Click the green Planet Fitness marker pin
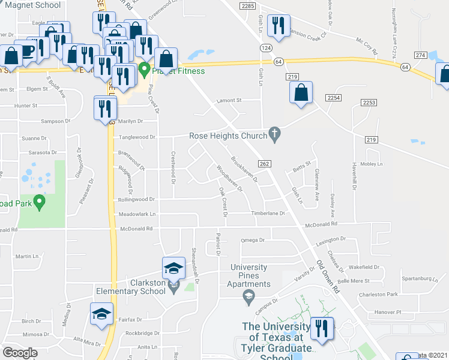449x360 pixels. [144, 69]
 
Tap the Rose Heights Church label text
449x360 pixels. [228, 136]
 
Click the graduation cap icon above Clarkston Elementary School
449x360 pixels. [173, 268]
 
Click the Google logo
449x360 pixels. [20, 353]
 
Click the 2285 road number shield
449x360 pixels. [247, 5]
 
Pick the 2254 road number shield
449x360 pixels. [334, 97]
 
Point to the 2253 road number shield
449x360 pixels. [369, 103]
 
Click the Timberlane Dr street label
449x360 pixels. [268, 213]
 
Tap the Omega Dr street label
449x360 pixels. [253, 240]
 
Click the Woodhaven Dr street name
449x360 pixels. [229, 178]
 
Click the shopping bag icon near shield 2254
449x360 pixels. [301, 93]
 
